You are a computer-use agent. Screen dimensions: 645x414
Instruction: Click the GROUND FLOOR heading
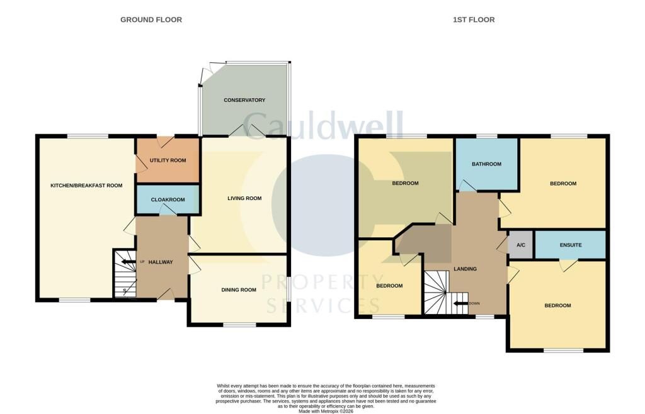151,20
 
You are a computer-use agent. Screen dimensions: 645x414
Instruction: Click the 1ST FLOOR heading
474,20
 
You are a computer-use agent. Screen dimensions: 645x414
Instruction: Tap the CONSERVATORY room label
244,100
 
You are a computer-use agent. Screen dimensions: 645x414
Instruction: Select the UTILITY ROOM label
168,160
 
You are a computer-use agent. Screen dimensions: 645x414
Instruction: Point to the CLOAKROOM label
168,199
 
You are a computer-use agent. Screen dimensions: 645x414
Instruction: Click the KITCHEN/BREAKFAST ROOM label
86,186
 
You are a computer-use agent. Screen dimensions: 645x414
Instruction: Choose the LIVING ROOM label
244,198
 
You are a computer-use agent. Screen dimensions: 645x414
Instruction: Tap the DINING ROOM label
239,290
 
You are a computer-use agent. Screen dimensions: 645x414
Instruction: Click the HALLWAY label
161,262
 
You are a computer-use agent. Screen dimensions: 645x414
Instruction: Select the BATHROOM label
487,164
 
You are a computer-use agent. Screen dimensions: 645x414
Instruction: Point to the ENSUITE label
571,245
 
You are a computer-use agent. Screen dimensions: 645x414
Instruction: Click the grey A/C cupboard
521,245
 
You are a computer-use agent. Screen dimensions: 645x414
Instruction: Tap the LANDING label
465,269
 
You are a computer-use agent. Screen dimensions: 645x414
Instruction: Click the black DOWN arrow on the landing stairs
460,303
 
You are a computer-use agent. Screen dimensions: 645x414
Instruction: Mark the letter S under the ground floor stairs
125,291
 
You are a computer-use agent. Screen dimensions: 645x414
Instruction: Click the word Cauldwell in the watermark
323,125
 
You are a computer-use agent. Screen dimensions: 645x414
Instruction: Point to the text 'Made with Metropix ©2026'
326,411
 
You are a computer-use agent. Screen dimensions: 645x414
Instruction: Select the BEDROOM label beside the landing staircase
389,286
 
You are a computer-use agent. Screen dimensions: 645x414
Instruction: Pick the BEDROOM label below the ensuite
557,306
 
